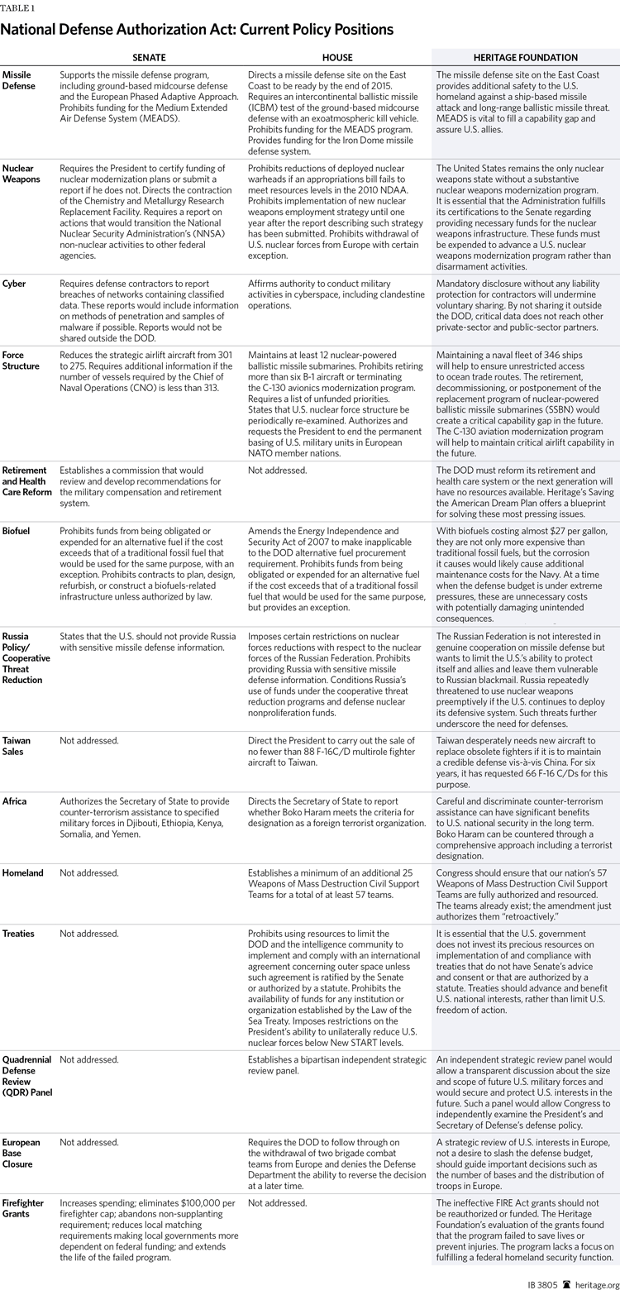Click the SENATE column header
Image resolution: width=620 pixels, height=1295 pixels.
[x=150, y=57]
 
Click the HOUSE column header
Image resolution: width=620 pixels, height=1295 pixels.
[x=336, y=57]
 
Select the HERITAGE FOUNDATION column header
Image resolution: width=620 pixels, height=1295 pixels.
[x=525, y=57]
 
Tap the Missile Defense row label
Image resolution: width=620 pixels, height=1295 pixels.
[x=17, y=80]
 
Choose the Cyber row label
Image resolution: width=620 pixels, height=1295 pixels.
[x=14, y=284]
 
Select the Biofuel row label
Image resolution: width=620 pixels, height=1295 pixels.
[x=17, y=531]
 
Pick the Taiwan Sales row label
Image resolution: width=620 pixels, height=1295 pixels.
[x=17, y=747]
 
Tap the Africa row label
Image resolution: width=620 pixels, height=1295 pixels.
[x=15, y=801]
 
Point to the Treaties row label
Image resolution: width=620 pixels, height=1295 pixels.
[x=19, y=934]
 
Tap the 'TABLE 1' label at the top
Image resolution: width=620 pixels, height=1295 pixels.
[x=17, y=7]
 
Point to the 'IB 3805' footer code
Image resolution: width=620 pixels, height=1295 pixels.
[x=542, y=1284]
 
